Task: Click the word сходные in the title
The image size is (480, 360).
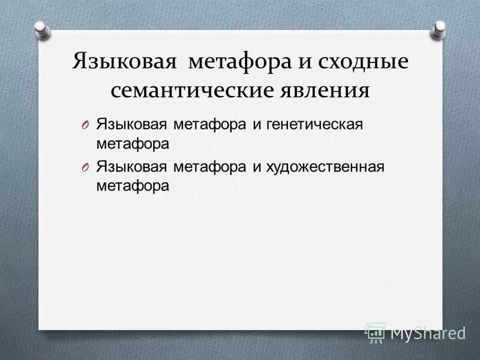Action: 359,62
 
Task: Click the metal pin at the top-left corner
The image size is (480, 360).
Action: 41,28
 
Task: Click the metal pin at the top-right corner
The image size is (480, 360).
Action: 440,28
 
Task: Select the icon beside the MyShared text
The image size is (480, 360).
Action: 376,331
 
